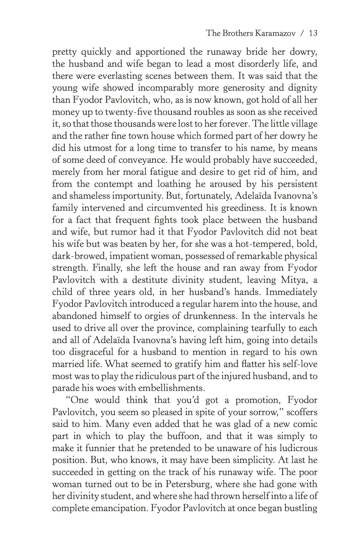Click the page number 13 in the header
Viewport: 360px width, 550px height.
point(313,33)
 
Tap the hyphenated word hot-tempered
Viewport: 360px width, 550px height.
point(265,244)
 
